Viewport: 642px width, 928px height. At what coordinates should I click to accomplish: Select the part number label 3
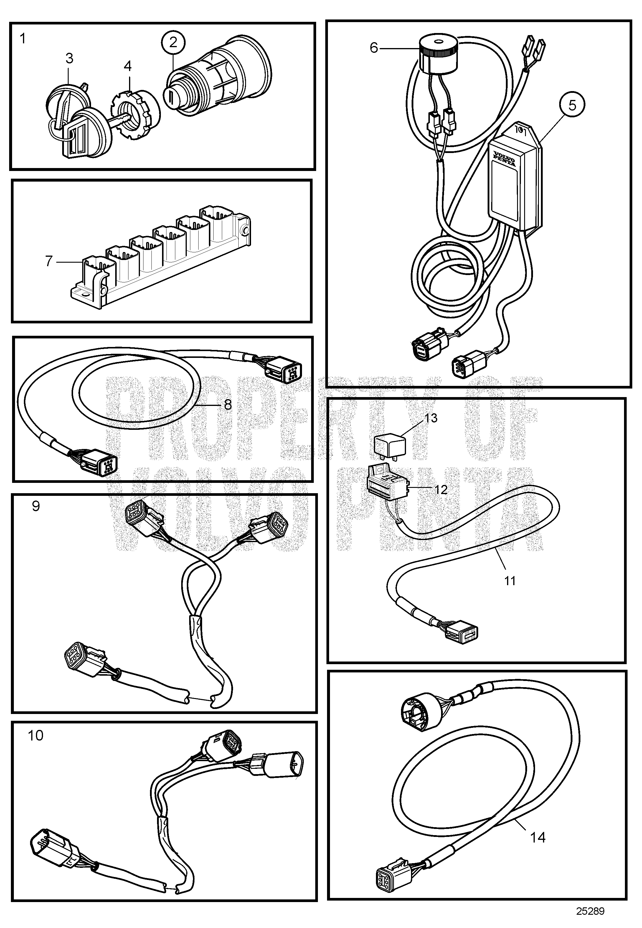click(x=70, y=59)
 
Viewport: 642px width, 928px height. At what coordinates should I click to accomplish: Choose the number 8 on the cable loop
click(x=228, y=404)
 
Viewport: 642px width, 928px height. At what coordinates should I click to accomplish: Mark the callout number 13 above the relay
click(x=431, y=418)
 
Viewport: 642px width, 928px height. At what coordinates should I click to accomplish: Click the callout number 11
click(x=510, y=580)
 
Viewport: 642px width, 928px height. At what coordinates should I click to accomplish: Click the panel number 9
click(x=36, y=506)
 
